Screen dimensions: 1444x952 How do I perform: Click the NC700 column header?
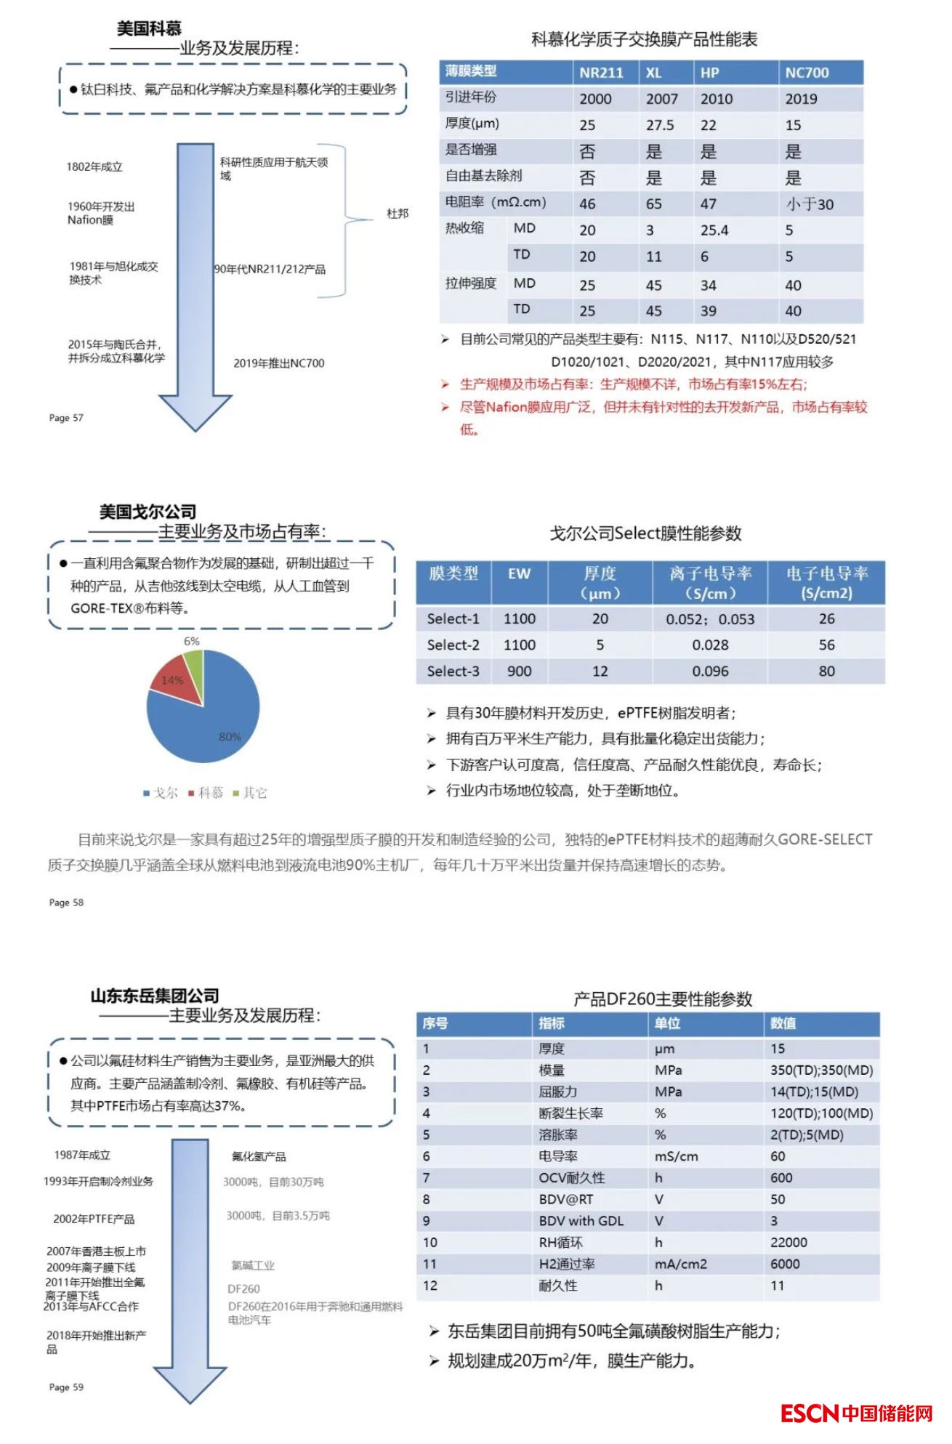coord(807,73)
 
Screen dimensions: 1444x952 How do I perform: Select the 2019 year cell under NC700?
coord(801,99)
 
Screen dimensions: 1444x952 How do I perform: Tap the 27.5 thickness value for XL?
coord(660,125)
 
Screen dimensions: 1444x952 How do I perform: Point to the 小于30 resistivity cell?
coord(810,204)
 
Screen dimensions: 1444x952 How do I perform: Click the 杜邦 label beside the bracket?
coord(398,214)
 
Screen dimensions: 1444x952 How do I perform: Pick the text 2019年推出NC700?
coord(278,363)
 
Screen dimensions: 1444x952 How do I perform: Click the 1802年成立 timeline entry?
coord(94,167)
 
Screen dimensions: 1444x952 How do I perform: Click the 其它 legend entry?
coord(250,793)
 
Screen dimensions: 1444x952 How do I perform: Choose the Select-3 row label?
coord(453,671)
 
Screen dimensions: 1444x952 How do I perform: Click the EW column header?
coord(519,574)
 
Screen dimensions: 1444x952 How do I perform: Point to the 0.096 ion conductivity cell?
coord(710,671)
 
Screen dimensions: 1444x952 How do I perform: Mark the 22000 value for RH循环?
coord(788,1243)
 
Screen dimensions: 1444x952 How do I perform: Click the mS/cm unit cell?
coord(676,1156)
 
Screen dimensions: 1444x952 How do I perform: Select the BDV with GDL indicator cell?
coord(581,1221)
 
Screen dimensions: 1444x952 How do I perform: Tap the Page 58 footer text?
coord(66,903)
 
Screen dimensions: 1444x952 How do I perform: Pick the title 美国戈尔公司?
coord(148,512)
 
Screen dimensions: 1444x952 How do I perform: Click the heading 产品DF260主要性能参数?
coord(662,999)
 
